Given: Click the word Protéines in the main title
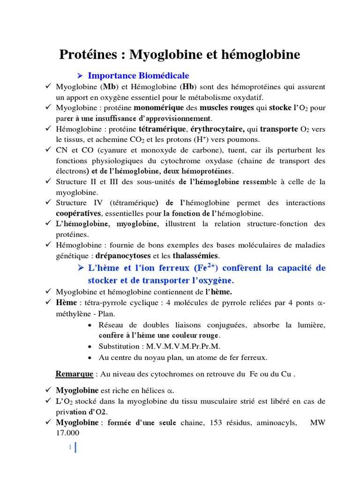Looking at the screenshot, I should (x=88, y=55).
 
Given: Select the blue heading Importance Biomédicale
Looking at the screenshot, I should (x=138, y=75).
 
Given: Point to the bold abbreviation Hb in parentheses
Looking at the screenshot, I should (x=188, y=87).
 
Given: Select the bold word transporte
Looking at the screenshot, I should (x=278, y=129).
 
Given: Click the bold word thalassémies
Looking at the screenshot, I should (x=195, y=255).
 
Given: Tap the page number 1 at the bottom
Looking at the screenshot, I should (x=70, y=448).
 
